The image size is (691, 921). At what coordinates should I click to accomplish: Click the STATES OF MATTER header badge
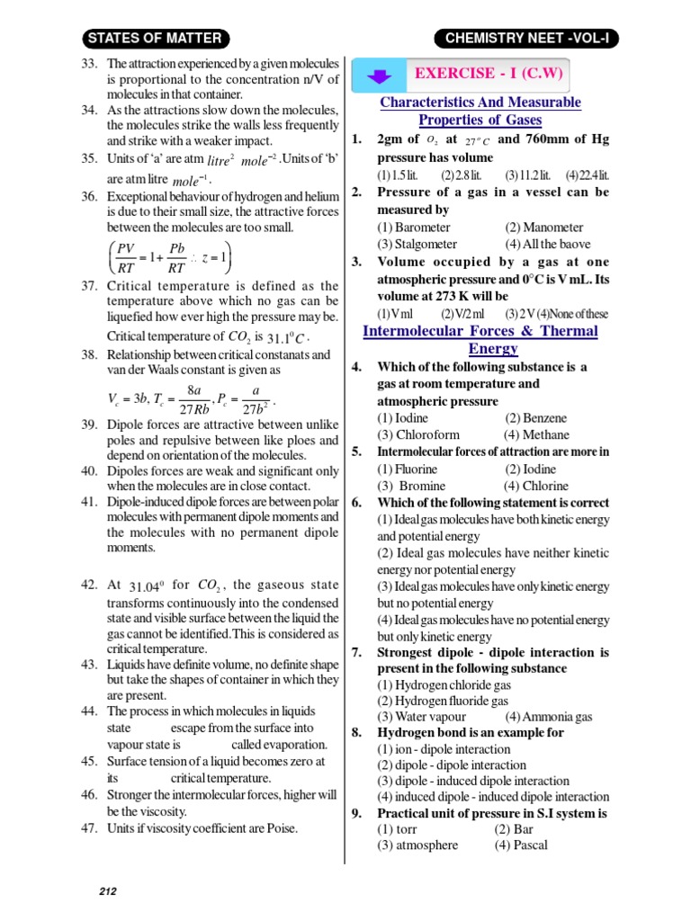[157, 38]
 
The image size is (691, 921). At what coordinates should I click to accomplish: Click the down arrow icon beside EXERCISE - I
[379, 75]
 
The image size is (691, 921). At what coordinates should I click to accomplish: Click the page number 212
[108, 891]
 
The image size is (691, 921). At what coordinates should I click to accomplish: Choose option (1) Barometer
[414, 228]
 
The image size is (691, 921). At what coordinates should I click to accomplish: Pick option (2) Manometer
[543, 228]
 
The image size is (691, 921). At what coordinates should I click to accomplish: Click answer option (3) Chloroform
[418, 434]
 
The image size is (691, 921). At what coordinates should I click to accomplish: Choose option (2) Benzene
[536, 418]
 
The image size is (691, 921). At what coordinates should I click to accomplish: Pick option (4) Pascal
[521, 845]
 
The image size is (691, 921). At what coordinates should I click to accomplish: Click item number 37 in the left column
[88, 285]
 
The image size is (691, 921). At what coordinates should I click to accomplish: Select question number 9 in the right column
[356, 812]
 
